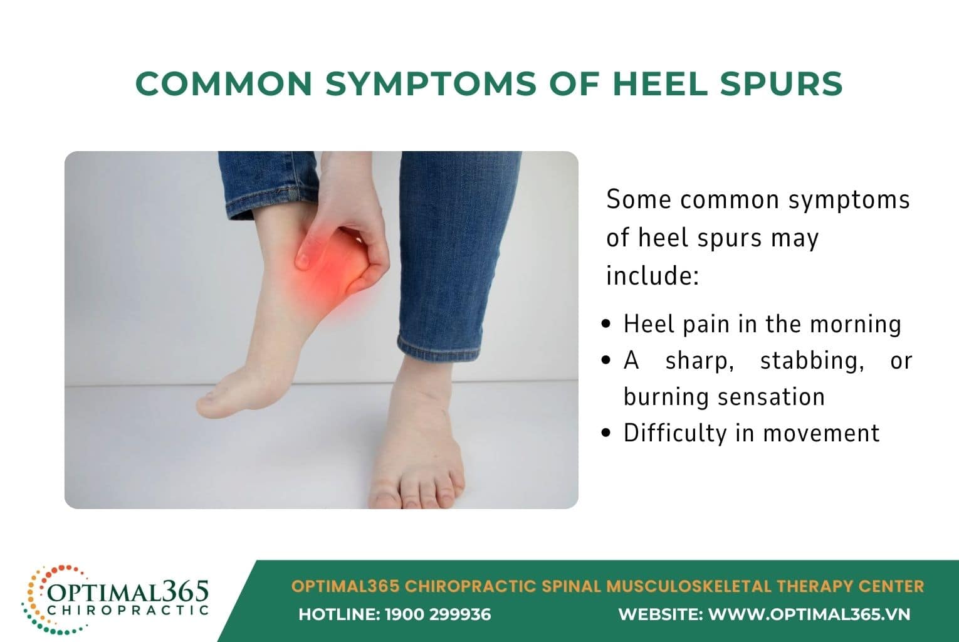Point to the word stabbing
(x=809, y=361)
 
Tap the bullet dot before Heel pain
(x=605, y=324)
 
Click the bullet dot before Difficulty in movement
(x=605, y=433)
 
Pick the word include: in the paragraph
(x=652, y=276)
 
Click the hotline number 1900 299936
(x=438, y=614)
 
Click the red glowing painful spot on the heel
(x=326, y=266)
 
